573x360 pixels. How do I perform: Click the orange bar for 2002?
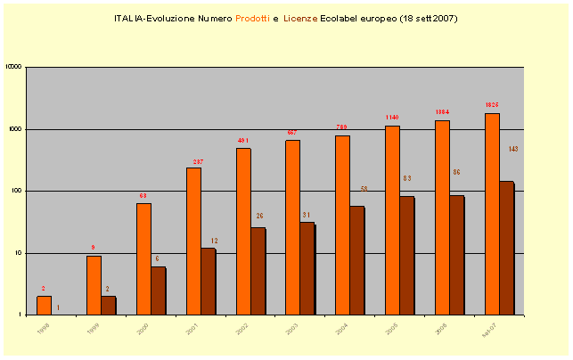243,232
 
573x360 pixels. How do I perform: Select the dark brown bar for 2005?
406,256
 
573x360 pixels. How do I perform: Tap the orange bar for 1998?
44,306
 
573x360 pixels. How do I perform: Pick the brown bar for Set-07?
506,248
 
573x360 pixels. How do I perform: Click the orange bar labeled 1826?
492,214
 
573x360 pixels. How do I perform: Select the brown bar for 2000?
158,290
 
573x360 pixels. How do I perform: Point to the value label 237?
198,162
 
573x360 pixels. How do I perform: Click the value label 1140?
392,118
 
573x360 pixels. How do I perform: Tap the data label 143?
513,149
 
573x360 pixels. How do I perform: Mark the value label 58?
364,189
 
